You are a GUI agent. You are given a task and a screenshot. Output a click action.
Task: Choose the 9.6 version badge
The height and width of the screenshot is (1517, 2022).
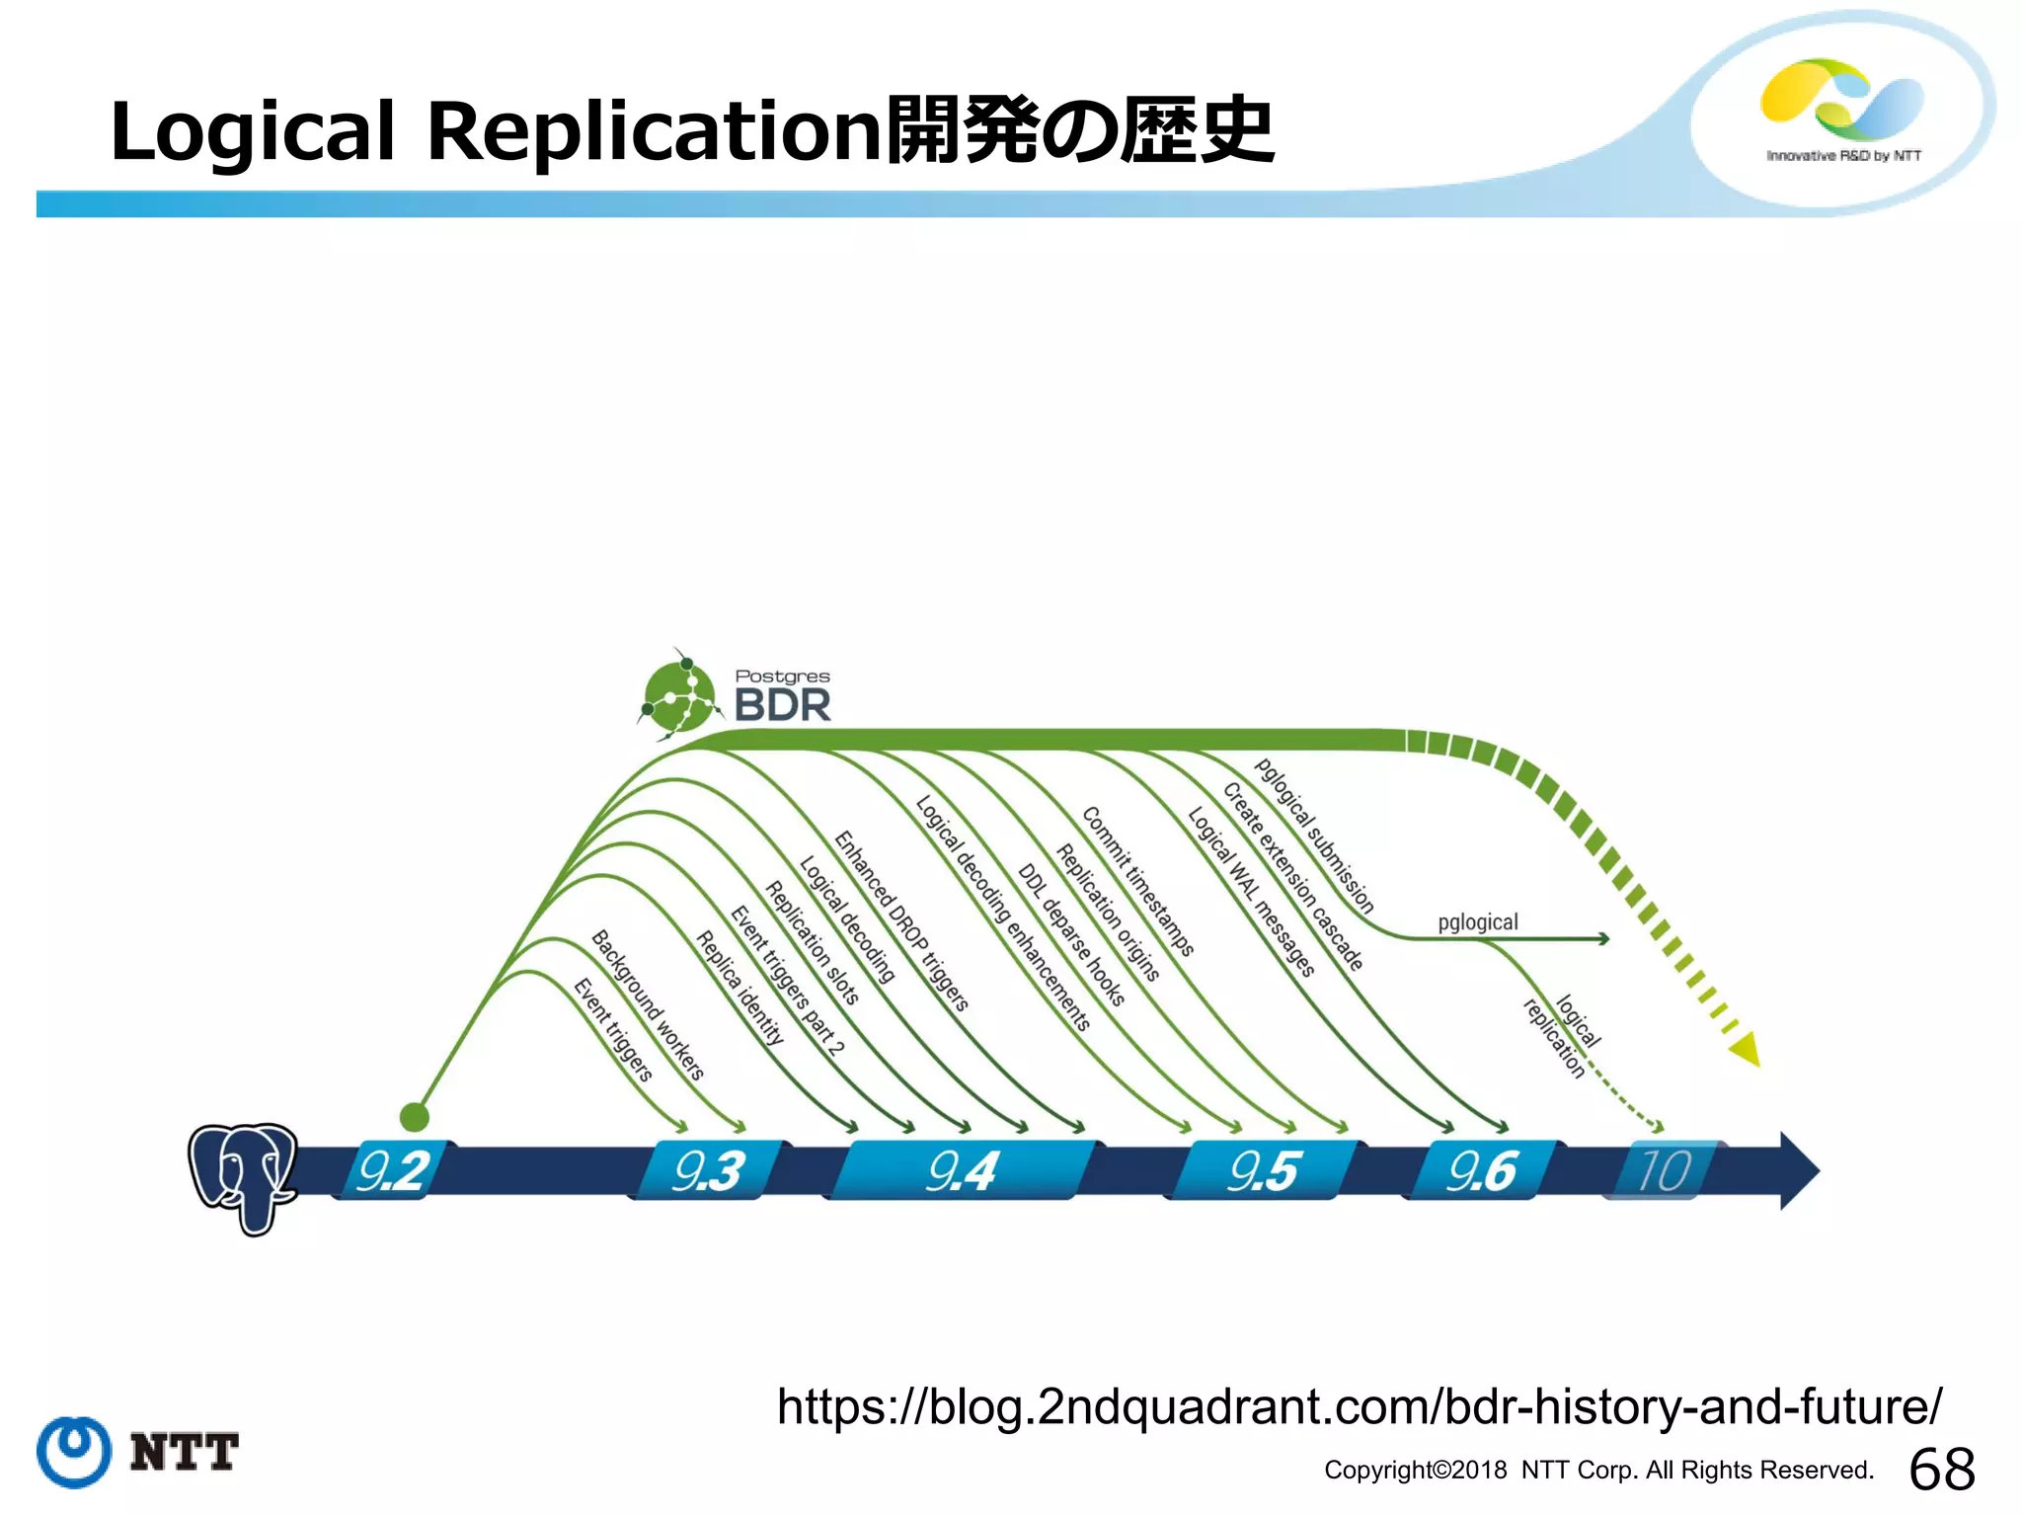pyautogui.click(x=1481, y=1171)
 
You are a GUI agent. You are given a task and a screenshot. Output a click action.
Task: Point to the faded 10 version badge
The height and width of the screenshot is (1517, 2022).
pyautogui.click(x=1664, y=1171)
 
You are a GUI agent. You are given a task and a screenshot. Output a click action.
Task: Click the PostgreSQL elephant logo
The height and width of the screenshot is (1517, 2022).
pyautogui.click(x=242, y=1175)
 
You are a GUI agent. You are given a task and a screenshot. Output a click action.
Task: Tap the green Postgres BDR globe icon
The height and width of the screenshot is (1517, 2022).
pyautogui.click(x=678, y=696)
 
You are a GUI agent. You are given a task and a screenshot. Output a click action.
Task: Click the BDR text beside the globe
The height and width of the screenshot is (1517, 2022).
pyautogui.click(x=782, y=705)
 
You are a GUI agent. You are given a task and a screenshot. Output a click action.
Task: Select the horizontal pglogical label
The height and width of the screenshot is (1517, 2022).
pyautogui.click(x=1477, y=922)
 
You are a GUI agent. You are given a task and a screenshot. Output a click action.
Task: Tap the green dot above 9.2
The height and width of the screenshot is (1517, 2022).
pyautogui.click(x=415, y=1117)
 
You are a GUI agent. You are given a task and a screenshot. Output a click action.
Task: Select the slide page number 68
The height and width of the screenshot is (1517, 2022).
pyautogui.click(x=1942, y=1469)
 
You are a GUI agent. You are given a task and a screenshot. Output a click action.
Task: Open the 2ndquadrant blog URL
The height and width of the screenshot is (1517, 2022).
pyautogui.click(x=1359, y=1406)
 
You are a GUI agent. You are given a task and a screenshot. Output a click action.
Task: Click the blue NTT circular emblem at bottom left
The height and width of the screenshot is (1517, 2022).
pyautogui.click(x=74, y=1452)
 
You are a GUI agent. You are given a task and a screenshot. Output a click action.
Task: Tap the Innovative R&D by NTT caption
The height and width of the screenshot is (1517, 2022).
pyautogui.click(x=1843, y=156)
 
